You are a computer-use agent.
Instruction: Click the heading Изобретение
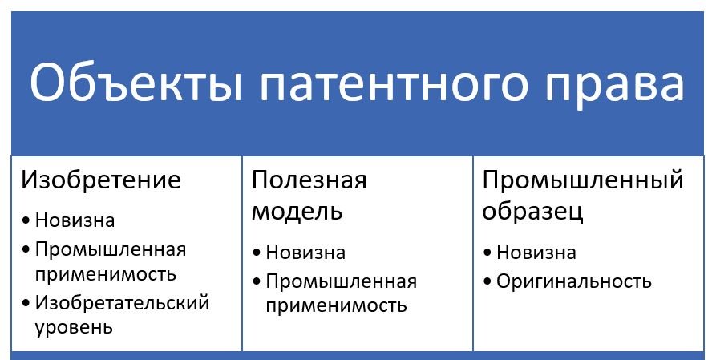101,180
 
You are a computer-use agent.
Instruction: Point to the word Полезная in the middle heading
309,180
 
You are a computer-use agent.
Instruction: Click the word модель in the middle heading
297,211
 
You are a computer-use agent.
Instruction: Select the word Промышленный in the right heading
583,180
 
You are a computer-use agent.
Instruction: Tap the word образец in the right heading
532,212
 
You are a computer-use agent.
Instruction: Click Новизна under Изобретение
75,220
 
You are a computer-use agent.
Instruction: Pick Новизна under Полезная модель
305,253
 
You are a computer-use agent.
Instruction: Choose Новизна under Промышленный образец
536,253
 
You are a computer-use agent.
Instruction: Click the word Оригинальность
574,282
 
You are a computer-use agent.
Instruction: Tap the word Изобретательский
122,303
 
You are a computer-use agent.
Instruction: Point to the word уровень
74,328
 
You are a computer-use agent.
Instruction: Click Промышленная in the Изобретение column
111,249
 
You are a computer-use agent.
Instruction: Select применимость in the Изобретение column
105,275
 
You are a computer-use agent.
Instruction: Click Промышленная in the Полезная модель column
342,282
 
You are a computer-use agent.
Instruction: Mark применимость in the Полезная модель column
336,306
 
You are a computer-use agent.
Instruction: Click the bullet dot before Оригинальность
487,281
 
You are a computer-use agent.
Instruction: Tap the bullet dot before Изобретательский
26,302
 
